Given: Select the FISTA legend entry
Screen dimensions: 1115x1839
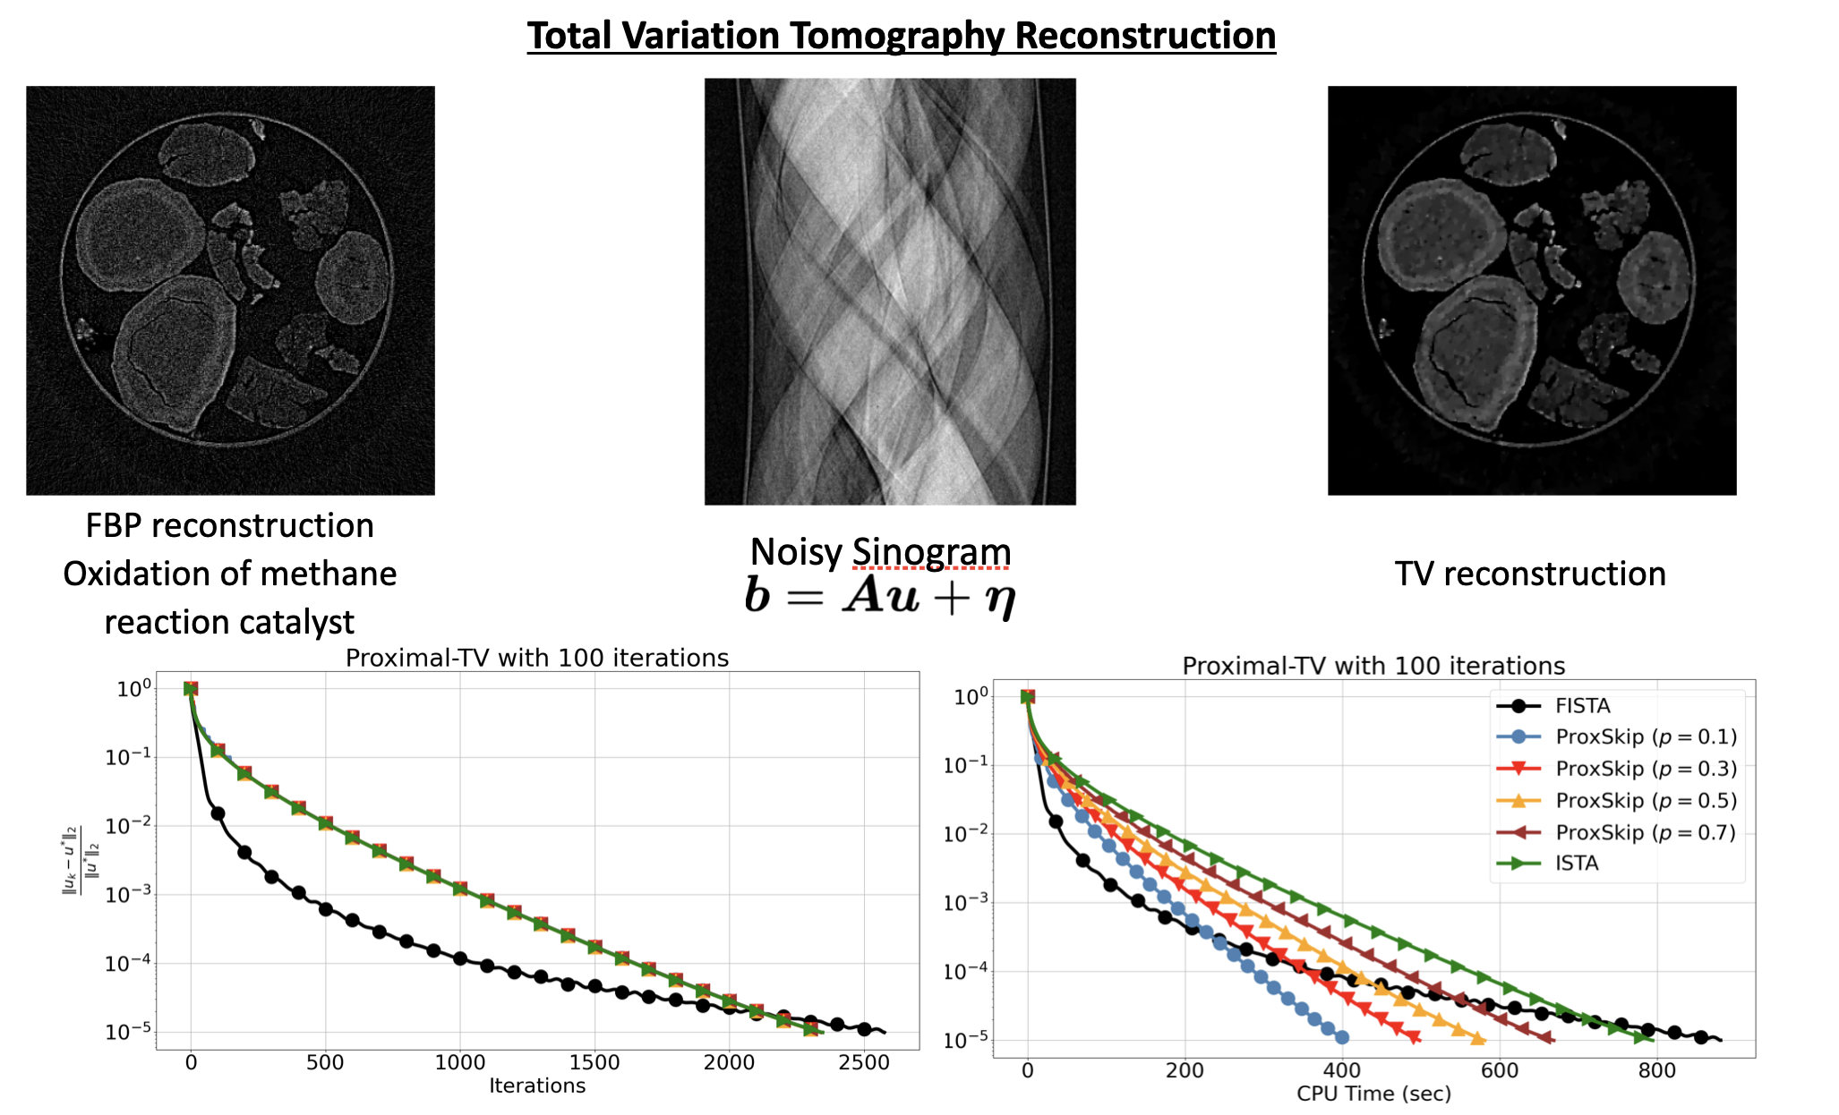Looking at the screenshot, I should click(1582, 706).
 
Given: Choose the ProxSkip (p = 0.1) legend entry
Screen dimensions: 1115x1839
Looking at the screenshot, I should click(1646, 737).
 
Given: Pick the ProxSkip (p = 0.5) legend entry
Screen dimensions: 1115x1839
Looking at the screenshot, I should click(1646, 801).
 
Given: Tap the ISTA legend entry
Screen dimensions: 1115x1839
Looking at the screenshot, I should click(1577, 864).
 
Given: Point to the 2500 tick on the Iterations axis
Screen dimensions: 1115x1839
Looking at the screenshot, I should click(864, 1063).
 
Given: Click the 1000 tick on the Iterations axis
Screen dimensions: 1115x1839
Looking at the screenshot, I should click(460, 1063).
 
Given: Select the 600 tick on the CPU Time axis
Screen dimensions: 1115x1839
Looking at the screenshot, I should click(1500, 1071).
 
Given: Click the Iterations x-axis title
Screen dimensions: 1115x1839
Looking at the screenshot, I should click(537, 1086).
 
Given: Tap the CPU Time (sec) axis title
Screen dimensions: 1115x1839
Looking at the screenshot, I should click(1373, 1094).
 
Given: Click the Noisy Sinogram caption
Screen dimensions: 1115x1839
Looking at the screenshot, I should click(880, 552).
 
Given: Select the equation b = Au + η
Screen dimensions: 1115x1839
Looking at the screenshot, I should click(880, 595).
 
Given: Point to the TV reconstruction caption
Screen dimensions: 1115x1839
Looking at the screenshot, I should click(1530, 574).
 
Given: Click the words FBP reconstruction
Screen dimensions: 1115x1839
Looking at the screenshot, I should click(230, 526).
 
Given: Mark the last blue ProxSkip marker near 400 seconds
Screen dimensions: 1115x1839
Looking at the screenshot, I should click(1341, 1037).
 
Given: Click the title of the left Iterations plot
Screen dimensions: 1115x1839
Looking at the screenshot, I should click(537, 659).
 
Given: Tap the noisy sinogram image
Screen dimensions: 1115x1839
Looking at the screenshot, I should click(890, 291).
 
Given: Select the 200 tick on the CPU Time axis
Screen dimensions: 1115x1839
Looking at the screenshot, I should click(1185, 1071).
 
